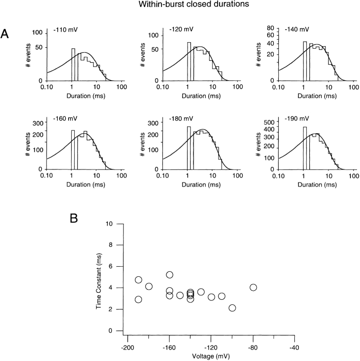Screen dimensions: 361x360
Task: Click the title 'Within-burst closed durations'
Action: tap(180, 6)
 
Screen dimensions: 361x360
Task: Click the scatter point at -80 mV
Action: tap(253, 287)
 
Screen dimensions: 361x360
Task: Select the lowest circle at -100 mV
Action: tap(232, 308)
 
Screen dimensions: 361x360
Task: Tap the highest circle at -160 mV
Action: tap(169, 275)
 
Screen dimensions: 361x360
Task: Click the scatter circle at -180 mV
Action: tap(149, 286)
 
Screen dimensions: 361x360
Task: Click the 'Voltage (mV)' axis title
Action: tap(211, 357)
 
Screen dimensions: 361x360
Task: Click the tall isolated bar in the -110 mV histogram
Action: tap(73, 65)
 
